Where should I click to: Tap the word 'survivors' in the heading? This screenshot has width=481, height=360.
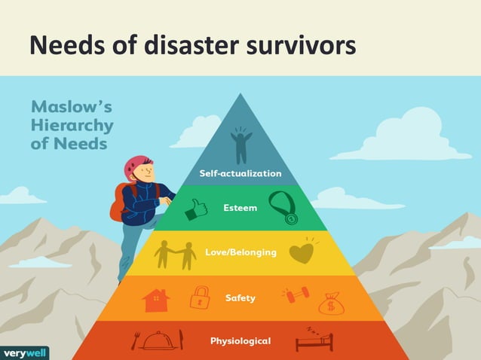[302, 47]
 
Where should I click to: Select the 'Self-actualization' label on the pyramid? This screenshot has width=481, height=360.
[240, 173]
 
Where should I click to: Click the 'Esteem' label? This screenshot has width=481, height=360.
[240, 207]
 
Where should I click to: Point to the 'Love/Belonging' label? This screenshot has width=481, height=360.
[240, 252]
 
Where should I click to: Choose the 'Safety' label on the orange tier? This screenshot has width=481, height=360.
[240, 298]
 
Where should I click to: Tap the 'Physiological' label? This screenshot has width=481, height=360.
[240, 341]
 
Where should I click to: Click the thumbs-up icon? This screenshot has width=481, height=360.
[196, 208]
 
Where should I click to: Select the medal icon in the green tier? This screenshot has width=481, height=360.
[287, 208]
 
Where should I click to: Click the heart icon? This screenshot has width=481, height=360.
[302, 252]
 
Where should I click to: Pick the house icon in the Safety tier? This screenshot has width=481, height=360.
[156, 300]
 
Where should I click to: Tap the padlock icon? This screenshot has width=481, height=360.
[199, 297]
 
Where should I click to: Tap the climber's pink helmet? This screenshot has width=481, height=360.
[138, 164]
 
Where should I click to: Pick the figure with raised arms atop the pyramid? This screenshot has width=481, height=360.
[240, 145]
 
